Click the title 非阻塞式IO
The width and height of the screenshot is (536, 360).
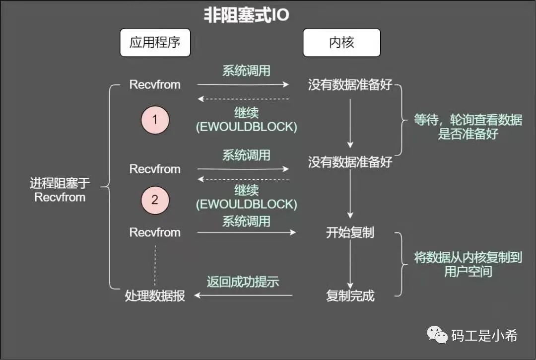246,15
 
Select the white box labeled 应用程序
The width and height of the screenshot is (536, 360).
155,42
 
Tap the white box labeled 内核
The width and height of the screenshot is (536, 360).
341,42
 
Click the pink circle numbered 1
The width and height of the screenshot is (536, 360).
155,120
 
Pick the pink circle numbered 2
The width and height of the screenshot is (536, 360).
155,200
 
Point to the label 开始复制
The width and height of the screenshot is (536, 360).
350,232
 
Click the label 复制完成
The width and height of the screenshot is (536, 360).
350,296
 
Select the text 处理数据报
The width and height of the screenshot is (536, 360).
155,296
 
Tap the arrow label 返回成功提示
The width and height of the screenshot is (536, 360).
243,282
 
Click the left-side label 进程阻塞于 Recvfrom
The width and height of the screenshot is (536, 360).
60,190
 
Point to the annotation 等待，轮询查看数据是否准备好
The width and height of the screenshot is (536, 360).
468,127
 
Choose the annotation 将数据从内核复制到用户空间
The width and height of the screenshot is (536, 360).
468,264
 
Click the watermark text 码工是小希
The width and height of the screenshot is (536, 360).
484,336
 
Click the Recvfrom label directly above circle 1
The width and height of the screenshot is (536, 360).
155,84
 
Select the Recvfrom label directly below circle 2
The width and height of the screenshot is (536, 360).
155,232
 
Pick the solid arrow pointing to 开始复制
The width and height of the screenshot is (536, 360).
246,232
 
